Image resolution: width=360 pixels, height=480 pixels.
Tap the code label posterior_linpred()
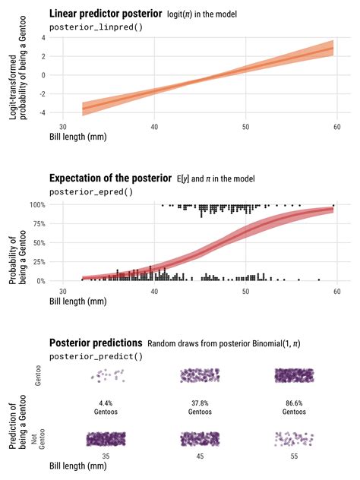tap(96, 27)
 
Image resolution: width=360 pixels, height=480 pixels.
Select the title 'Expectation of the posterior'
tap(110, 178)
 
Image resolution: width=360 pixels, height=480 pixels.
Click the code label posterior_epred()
tap(90, 191)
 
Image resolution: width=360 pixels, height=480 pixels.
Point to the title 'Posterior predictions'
tap(96, 343)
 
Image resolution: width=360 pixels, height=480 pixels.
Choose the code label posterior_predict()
tap(96, 356)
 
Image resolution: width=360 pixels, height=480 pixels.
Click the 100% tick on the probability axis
tap(39, 205)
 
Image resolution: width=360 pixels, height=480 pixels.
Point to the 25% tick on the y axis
tap(41, 262)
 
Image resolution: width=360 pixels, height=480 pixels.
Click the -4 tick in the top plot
tap(43, 112)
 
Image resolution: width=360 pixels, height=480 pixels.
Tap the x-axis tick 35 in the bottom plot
tap(106, 454)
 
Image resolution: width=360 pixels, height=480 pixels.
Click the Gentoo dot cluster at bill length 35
tap(106, 375)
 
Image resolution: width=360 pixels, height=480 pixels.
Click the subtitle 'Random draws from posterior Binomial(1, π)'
tap(224, 344)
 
